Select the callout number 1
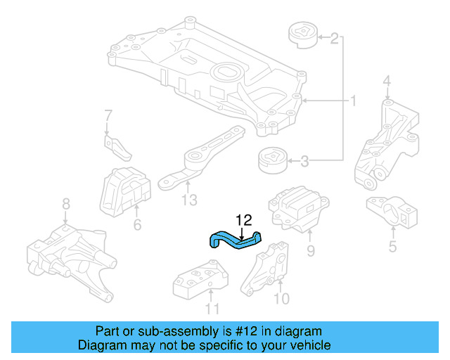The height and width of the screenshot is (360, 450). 354,102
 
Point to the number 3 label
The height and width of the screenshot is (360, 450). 304,162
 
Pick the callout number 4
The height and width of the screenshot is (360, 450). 386,86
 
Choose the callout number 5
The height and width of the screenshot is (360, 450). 392,246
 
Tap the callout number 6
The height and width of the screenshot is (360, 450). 137,225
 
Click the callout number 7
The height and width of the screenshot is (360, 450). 108,115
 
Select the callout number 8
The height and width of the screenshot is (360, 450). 65,204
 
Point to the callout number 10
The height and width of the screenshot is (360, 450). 281,300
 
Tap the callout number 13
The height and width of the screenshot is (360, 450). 188,201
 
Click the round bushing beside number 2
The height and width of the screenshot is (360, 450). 302,36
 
